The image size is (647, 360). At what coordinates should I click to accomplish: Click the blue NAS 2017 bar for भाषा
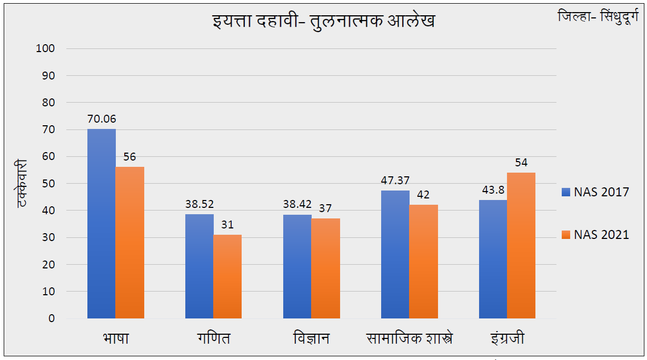[x=102, y=224]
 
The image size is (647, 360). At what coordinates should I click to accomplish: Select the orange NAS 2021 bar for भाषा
[x=130, y=243]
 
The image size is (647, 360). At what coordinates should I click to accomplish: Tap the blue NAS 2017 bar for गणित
[x=200, y=266]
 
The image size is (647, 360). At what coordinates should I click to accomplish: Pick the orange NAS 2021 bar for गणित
[x=227, y=276]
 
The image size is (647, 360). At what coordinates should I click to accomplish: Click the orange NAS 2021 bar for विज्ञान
[x=325, y=268]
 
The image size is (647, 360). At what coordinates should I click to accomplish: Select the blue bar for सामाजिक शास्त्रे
[x=395, y=254]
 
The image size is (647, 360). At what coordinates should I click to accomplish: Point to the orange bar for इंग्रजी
[x=521, y=245]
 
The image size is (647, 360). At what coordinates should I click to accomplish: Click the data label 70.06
[x=102, y=119]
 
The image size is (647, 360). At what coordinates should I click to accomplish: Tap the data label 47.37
[x=395, y=181]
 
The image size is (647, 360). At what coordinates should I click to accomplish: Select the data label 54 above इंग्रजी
[x=521, y=163]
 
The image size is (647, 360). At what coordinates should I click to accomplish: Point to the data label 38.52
[x=200, y=204]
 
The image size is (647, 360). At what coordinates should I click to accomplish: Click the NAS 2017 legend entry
[x=595, y=192]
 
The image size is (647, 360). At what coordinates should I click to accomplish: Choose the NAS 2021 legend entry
[x=595, y=235]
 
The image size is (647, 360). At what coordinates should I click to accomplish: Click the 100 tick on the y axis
[x=45, y=48]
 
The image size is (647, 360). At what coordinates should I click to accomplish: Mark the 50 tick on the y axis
[x=48, y=184]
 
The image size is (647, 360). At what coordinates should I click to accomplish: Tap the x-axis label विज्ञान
[x=311, y=338]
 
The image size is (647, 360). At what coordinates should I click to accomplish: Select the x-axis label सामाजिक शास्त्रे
[x=410, y=338]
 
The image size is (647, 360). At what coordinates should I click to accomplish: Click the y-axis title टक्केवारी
[x=22, y=183]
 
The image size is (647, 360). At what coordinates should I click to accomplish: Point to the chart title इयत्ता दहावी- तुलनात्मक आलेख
[x=323, y=22]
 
